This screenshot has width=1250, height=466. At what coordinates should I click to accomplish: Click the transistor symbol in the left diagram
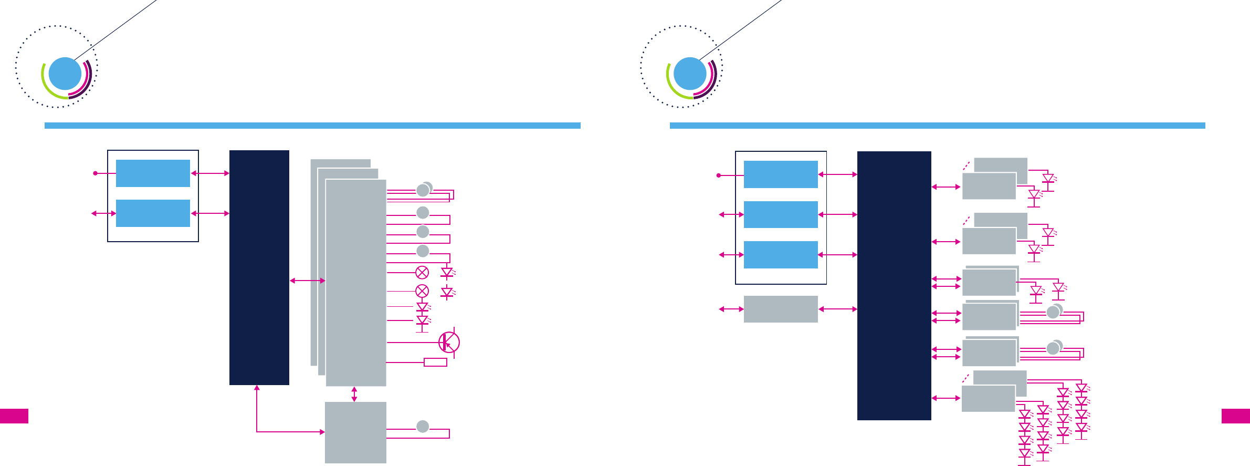coord(449,343)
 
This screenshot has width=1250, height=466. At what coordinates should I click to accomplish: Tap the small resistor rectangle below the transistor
coord(435,362)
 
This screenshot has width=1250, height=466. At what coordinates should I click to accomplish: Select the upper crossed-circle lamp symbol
coord(422,272)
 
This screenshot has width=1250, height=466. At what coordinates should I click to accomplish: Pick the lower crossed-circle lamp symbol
coord(422,291)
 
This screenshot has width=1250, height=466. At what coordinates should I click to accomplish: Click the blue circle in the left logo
coord(65,74)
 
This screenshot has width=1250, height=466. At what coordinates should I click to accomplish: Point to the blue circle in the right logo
coord(690,74)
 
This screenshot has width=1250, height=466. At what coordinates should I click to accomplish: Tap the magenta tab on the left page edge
coord(14,416)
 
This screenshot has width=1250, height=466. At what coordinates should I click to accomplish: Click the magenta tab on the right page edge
coord(1235,416)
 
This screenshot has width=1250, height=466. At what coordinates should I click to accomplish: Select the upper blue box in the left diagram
coord(153,173)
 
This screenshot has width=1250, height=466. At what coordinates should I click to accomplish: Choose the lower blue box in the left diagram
coord(153,213)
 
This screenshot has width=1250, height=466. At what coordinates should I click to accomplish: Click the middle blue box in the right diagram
coord(781,214)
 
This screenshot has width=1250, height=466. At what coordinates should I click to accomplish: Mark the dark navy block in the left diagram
coord(259,267)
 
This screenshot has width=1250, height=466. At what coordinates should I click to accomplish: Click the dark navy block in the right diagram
coord(894,286)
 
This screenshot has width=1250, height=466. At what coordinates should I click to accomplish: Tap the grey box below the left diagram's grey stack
coord(355,432)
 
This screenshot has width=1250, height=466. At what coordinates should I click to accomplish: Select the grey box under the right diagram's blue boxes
coord(781,309)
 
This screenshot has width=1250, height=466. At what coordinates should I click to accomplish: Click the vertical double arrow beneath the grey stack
coord(354,394)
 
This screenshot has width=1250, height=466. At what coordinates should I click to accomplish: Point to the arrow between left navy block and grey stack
coord(308,281)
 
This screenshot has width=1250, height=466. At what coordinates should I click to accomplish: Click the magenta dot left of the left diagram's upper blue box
coord(95,173)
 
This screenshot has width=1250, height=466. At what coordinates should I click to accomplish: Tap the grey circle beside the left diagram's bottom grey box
coord(423,427)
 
